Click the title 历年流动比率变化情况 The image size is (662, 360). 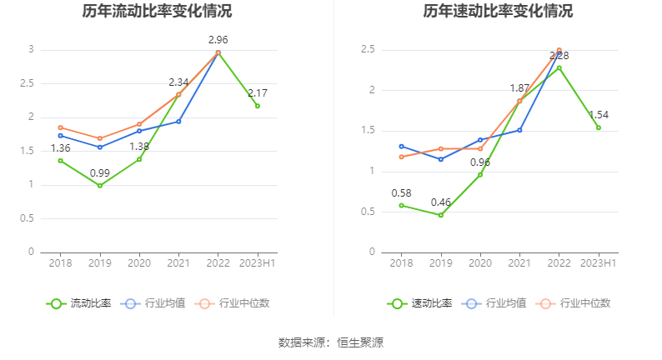pyautogui.click(x=157, y=12)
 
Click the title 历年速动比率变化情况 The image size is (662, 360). pyautogui.click(x=498, y=12)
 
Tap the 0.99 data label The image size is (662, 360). pyautogui.click(x=100, y=172)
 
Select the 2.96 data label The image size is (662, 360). pyautogui.click(x=218, y=40)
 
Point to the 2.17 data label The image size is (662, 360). pyautogui.click(x=258, y=92)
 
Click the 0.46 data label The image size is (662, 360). pyautogui.click(x=441, y=202)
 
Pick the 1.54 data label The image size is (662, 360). pyautogui.click(x=599, y=114)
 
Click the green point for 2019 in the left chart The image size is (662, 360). pyautogui.click(x=100, y=185)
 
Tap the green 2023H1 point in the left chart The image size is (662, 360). pyautogui.click(x=258, y=106)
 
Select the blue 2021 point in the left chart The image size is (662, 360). pyautogui.click(x=178, y=121)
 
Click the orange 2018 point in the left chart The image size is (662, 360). pyautogui.click(x=60, y=127)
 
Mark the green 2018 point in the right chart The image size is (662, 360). pyautogui.click(x=401, y=205)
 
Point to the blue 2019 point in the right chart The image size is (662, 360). pyautogui.click(x=441, y=159)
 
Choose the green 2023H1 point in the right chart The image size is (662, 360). pyautogui.click(x=599, y=127)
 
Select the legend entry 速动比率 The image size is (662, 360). pyautogui.click(x=420, y=303)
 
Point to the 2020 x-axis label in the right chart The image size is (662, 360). pyautogui.click(x=480, y=263)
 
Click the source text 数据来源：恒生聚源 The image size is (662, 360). pyautogui.click(x=331, y=342)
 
